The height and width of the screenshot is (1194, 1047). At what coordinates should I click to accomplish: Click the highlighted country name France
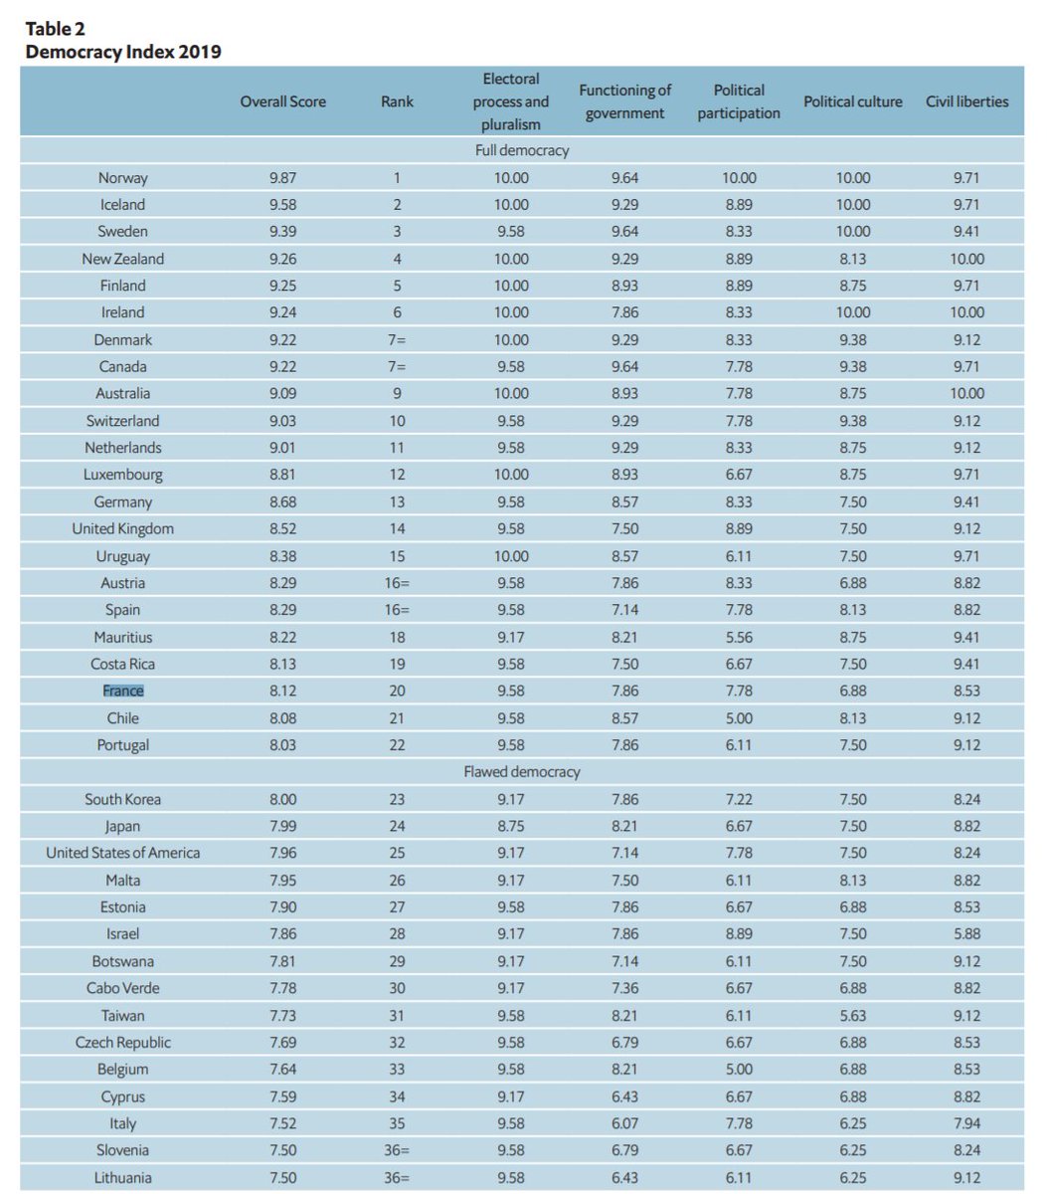[123, 691]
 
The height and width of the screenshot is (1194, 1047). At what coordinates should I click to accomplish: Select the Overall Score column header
[282, 101]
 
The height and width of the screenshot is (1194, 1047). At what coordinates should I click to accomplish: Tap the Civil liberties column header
[966, 101]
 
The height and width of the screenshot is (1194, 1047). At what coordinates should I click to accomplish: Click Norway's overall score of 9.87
[282, 178]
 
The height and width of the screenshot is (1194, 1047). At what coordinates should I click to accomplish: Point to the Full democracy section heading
[522, 150]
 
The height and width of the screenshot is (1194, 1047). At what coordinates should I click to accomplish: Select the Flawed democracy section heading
[522, 772]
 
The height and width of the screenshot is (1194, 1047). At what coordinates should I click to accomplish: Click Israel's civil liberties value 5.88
[966, 934]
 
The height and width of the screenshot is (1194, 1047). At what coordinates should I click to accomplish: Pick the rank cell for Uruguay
[397, 556]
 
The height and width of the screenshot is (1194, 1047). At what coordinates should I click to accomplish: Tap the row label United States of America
[123, 853]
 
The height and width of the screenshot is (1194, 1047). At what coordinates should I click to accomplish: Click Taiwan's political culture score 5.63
[852, 1016]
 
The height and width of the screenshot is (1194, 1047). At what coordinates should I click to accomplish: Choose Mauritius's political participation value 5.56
[739, 637]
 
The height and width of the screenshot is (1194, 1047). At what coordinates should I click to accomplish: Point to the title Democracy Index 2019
[123, 52]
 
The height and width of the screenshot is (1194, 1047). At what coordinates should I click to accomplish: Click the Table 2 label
[56, 29]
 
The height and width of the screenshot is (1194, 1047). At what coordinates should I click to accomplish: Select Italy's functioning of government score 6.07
[624, 1123]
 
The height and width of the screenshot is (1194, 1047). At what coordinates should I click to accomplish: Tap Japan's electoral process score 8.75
[512, 826]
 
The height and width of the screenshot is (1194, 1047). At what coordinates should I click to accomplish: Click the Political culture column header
[852, 101]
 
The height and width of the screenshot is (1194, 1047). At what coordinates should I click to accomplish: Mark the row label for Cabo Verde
[123, 988]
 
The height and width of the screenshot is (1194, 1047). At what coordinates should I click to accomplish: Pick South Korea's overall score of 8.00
[282, 799]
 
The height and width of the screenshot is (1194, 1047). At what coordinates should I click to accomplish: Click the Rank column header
[397, 101]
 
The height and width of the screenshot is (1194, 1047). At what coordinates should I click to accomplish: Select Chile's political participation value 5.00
[739, 718]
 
